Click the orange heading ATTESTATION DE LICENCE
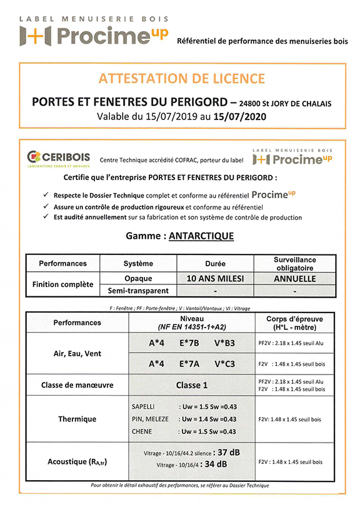[181, 79]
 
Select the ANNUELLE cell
[295, 278]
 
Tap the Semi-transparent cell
[137, 291]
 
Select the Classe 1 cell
[192, 385]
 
